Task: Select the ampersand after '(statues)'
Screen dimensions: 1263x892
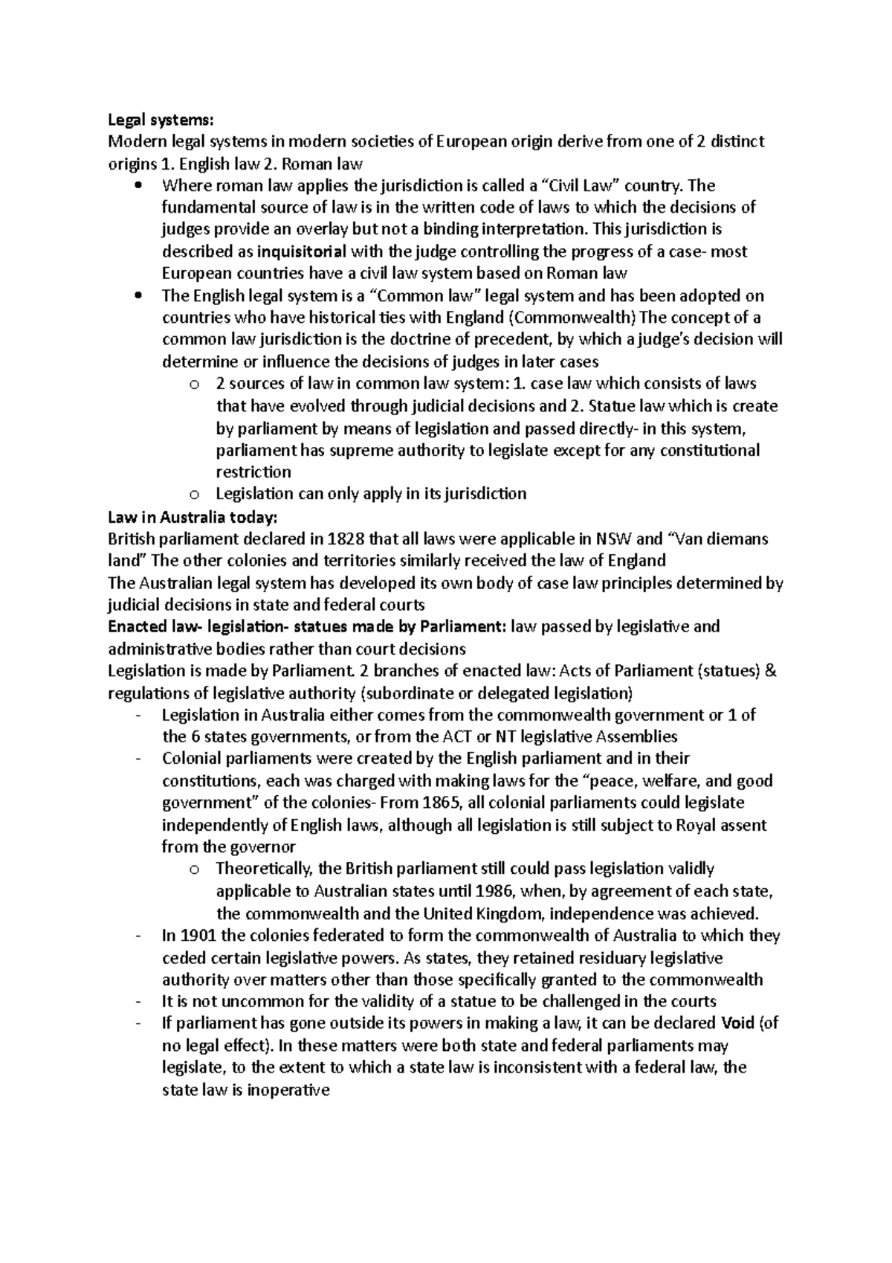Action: [x=770, y=670]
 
